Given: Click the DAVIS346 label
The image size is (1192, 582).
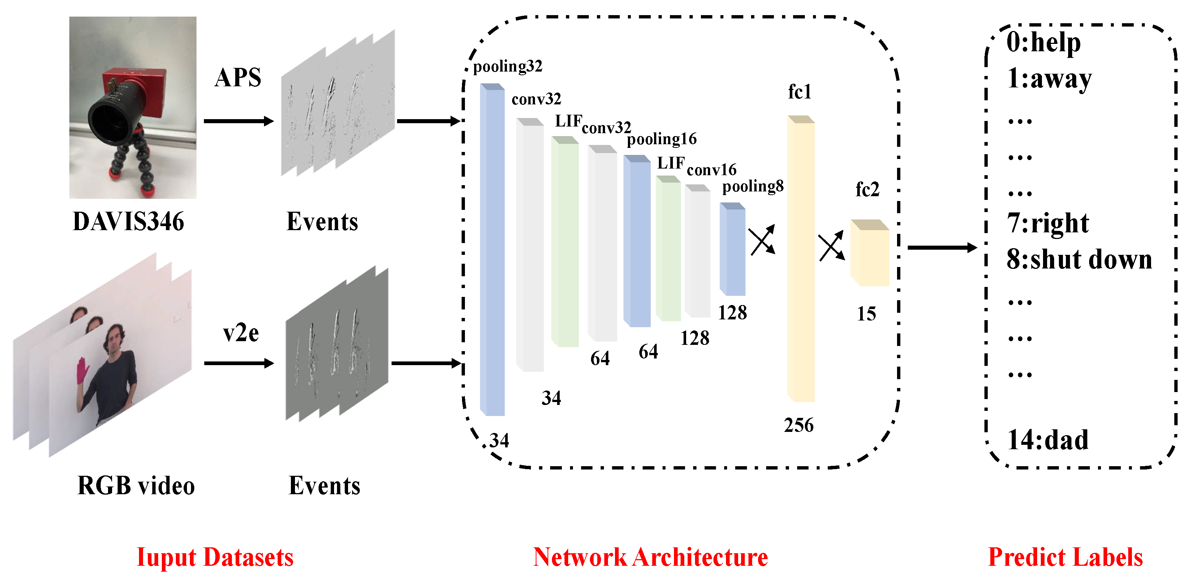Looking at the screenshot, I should (128, 221).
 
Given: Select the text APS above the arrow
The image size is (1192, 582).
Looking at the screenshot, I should (238, 77).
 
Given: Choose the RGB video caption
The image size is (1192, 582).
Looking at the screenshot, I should (136, 485).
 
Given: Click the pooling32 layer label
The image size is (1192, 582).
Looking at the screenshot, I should (507, 66).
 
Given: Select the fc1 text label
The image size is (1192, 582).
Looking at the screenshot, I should (800, 92).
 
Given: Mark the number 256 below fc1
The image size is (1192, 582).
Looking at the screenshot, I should (798, 425).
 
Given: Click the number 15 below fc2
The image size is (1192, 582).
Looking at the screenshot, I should (866, 314).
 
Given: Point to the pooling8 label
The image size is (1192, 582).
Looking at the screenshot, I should (753, 186).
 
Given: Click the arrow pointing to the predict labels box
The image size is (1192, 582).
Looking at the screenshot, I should (942, 248).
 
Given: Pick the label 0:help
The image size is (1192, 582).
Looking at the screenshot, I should (1043, 42).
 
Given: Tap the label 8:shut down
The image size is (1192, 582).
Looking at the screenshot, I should (1079, 259).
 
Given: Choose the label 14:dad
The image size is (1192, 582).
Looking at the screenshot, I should (1047, 440).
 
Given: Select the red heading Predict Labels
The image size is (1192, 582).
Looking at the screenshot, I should (1065, 557).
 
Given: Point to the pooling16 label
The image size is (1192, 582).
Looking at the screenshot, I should (662, 139).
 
